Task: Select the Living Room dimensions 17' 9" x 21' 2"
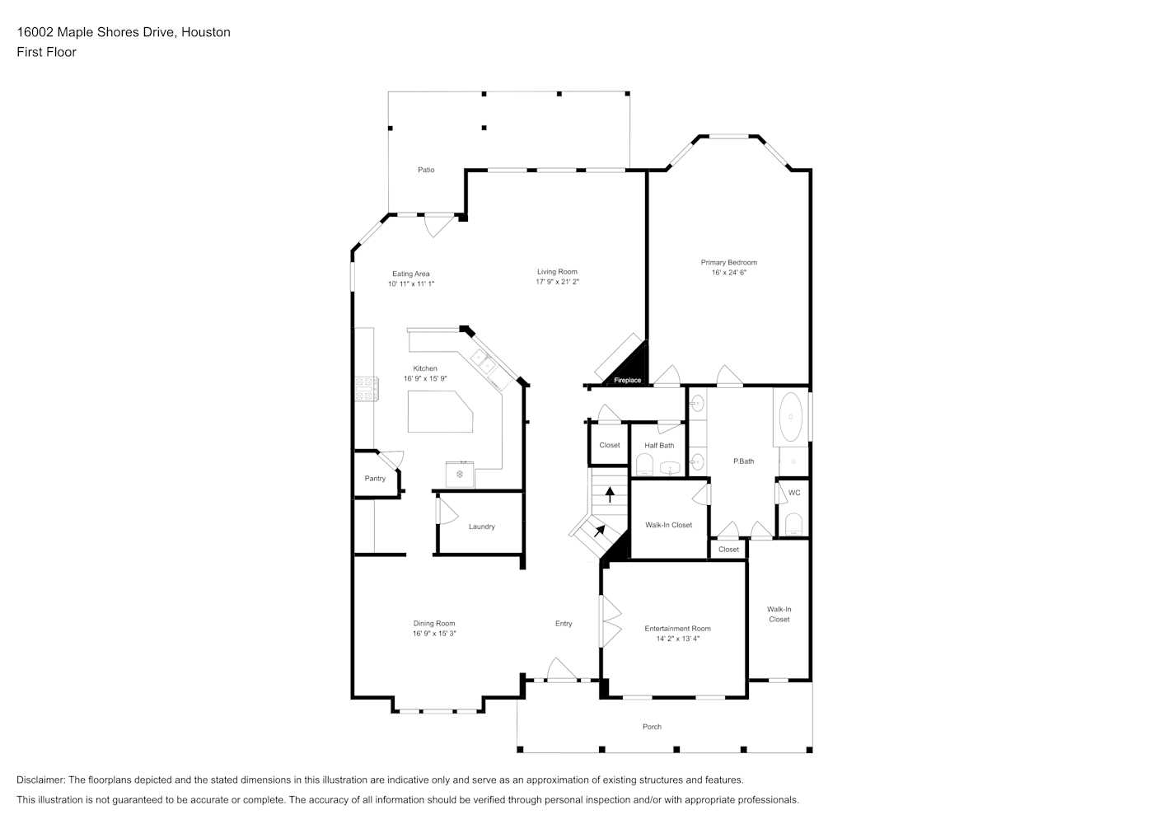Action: click(x=557, y=282)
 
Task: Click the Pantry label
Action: click(x=375, y=479)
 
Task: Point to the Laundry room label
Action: click(x=482, y=527)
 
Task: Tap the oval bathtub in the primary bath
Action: click(x=791, y=417)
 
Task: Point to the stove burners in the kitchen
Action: click(x=367, y=389)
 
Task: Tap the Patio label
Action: click(x=426, y=170)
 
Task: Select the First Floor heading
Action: click(x=46, y=52)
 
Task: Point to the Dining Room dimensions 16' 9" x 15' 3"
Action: click(x=434, y=634)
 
